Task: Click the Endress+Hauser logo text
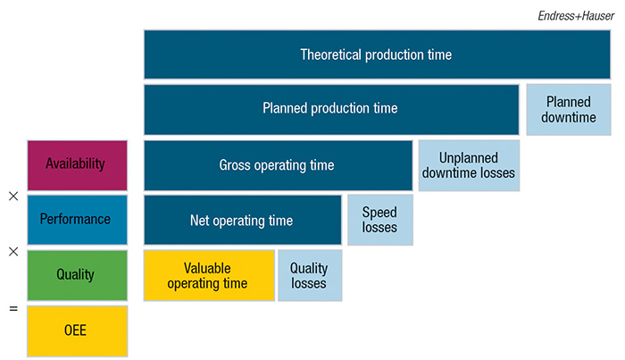coord(576,15)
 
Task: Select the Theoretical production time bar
coord(377,54)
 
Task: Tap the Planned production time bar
coord(331,109)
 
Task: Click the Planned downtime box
coord(569,110)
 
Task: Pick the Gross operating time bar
coord(279,165)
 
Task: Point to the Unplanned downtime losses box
coord(469,165)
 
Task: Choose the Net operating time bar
coord(242,220)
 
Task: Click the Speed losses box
coord(380,220)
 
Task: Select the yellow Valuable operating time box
coord(209,275)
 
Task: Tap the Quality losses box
coord(310,275)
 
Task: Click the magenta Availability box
coord(78,165)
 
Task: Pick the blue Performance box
coord(78,220)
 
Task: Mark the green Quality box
coord(78,275)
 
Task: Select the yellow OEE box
coord(78,331)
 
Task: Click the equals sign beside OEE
coord(13,308)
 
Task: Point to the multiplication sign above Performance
coord(13,197)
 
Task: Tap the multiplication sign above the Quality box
coord(13,252)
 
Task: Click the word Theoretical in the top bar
coord(331,54)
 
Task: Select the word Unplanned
coord(469,158)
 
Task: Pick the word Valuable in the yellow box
coord(207,268)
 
